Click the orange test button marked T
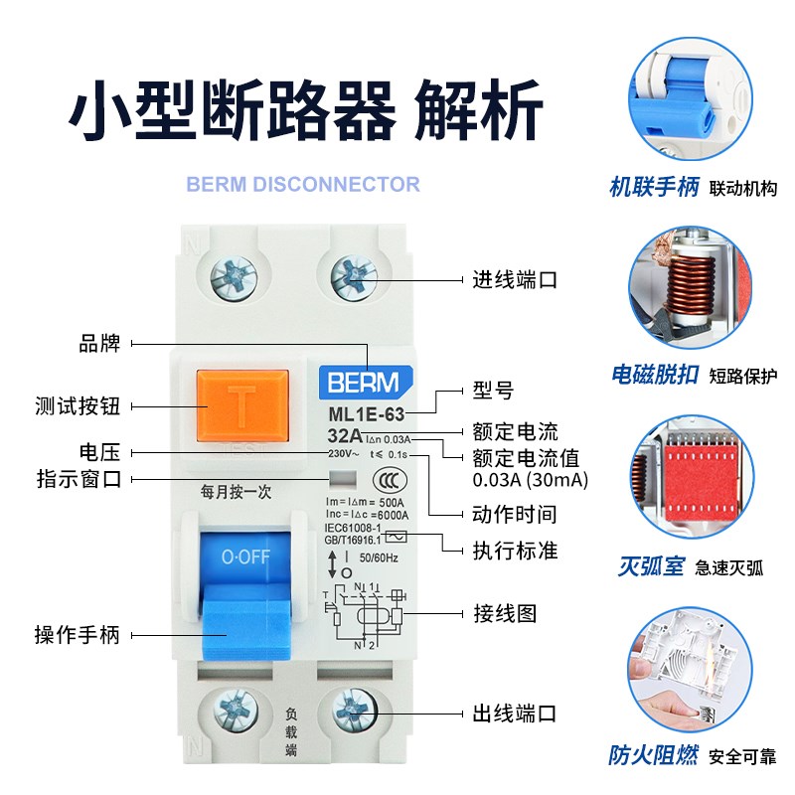coord(242,406)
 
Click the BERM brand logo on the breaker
coord(359,382)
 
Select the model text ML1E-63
coord(365,414)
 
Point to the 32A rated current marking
coord(344,435)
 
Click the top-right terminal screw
coord(355,273)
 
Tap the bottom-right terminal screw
coord(355,714)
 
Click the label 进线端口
coord(514,279)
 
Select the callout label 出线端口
coord(514,714)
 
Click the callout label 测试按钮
coord(77,405)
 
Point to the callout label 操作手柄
coord(77,635)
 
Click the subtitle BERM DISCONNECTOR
coord(303,184)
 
